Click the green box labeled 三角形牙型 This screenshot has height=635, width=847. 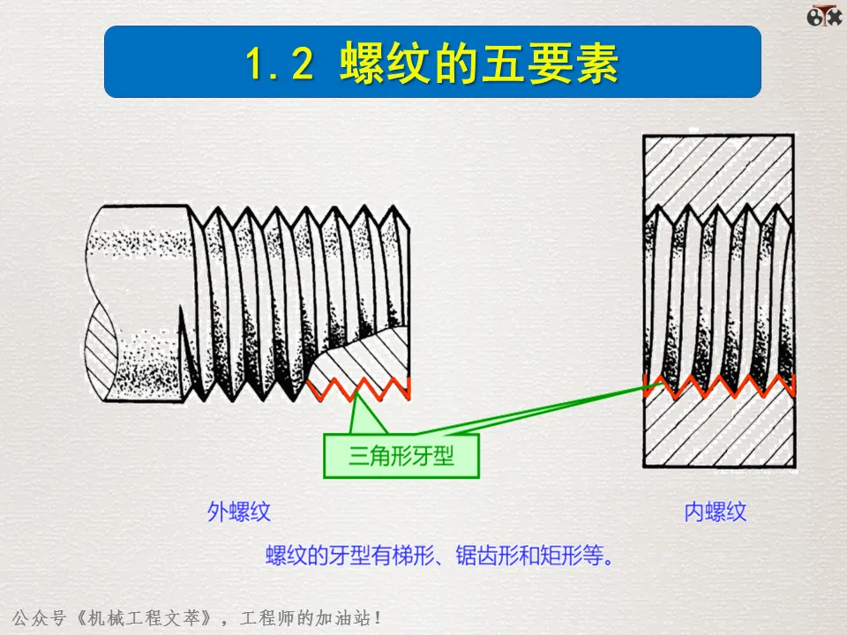click(x=401, y=456)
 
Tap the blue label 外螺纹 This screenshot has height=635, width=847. click(x=238, y=512)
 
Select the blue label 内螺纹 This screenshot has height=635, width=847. click(x=716, y=512)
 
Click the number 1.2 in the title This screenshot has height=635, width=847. click(x=279, y=63)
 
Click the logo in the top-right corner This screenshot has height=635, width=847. click(x=825, y=15)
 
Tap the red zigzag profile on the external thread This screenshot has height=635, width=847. click(x=362, y=386)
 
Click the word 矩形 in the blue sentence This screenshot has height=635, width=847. click(x=556, y=557)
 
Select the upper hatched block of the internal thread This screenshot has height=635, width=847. click(x=716, y=173)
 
